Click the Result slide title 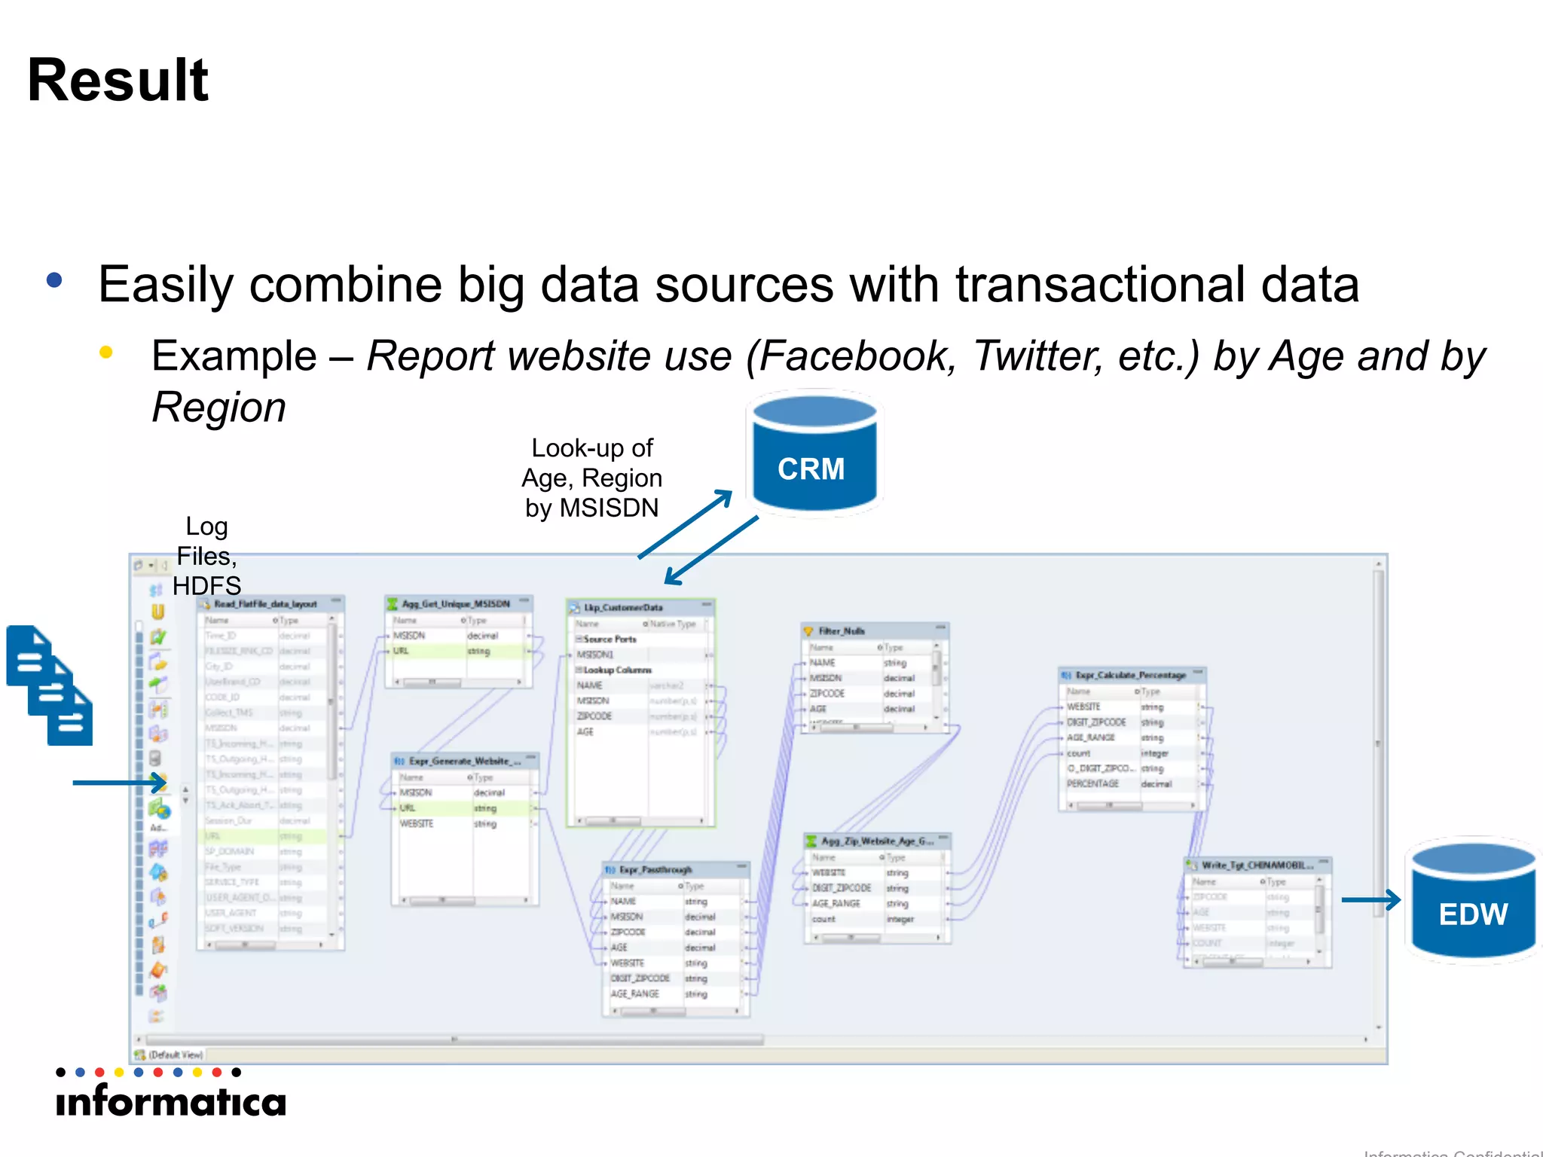click(x=118, y=81)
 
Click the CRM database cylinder click(x=813, y=455)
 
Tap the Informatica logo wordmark click(x=172, y=1102)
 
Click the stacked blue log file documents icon click(x=50, y=685)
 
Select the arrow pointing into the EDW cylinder click(x=1370, y=899)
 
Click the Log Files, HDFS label click(x=206, y=556)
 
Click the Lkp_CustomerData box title click(x=623, y=607)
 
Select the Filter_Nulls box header click(x=842, y=631)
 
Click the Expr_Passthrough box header click(x=655, y=869)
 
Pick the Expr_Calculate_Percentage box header click(x=1130, y=675)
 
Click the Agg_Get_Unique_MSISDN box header click(x=456, y=604)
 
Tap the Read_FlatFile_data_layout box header click(x=265, y=604)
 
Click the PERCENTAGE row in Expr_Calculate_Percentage click(x=1093, y=784)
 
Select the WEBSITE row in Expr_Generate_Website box click(x=417, y=824)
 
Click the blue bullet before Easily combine click(x=54, y=281)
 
